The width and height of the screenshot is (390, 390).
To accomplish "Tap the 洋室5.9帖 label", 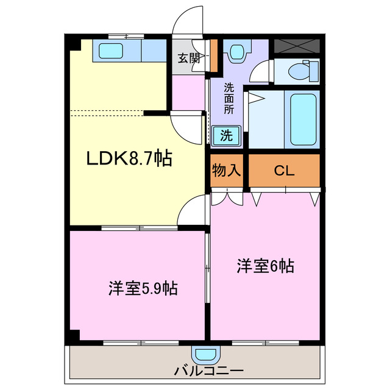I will click(x=143, y=288).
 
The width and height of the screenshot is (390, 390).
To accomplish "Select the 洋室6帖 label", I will click(x=266, y=266).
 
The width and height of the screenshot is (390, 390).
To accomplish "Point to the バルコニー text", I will click(x=209, y=370).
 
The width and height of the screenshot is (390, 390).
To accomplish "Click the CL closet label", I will click(x=283, y=171).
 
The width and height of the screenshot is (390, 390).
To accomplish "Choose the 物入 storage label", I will click(x=226, y=171).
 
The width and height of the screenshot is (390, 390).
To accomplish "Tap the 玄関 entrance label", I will click(x=188, y=58).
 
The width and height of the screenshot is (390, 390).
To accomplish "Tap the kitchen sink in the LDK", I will click(x=110, y=51).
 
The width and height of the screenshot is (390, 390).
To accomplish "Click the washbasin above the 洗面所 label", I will click(x=236, y=52).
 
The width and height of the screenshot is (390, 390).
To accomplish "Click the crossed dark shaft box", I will click(x=296, y=46).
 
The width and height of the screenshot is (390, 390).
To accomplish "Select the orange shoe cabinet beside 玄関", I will click(x=214, y=55).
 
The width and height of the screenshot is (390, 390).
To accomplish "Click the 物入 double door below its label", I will click(x=227, y=197).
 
